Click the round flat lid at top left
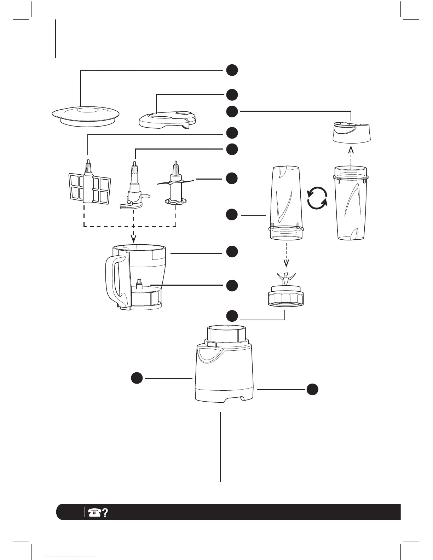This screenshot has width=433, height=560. coord(86,116)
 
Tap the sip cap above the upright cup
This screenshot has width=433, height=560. coord(352,133)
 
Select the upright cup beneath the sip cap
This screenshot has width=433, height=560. coord(351,207)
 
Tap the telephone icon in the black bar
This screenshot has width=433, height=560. coord(94,512)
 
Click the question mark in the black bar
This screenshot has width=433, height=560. coord(105,512)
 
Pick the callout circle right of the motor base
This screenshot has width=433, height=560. coord(312,389)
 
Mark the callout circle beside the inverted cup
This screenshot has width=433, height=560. coord(232,215)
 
